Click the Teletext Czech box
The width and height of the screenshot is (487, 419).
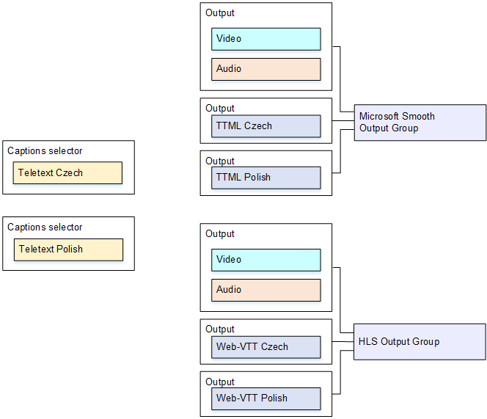coord(67,173)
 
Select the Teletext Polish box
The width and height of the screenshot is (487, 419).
coord(68,249)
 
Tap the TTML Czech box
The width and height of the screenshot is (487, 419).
coord(266,126)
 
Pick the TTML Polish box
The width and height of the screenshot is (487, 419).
coord(266,178)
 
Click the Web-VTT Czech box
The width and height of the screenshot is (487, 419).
coord(266,347)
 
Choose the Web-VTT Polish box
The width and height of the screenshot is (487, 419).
coord(266,398)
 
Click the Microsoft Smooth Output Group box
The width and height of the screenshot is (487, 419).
coord(420,123)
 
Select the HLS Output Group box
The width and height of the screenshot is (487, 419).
coord(420,342)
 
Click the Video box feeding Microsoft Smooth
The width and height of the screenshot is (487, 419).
coord(266,39)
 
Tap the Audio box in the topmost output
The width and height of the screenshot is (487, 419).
coord(266,69)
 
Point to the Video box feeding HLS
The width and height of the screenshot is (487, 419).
coord(266,260)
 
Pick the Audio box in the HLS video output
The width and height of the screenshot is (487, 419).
coord(266,290)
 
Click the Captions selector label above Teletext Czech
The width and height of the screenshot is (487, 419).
coord(45,151)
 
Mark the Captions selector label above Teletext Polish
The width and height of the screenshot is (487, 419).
coord(45,227)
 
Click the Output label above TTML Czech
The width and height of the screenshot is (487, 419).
coord(220,109)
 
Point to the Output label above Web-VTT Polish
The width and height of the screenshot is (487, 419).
coord(220,382)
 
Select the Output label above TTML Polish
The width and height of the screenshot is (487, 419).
coord(220,161)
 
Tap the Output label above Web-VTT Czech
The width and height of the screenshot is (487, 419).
coord(220,329)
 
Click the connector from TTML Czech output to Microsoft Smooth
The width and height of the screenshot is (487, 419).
coord(343,121)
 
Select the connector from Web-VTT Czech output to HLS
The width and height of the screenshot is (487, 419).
coord(343,341)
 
